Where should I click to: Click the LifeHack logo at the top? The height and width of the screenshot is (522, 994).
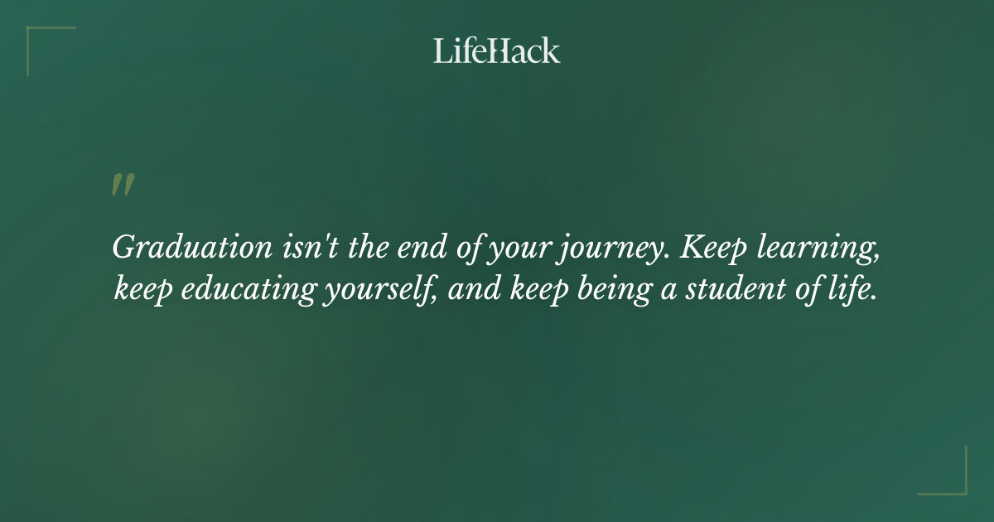tap(497, 51)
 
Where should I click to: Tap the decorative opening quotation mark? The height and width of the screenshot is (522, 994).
tap(123, 185)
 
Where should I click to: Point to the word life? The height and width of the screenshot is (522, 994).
tap(851, 291)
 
